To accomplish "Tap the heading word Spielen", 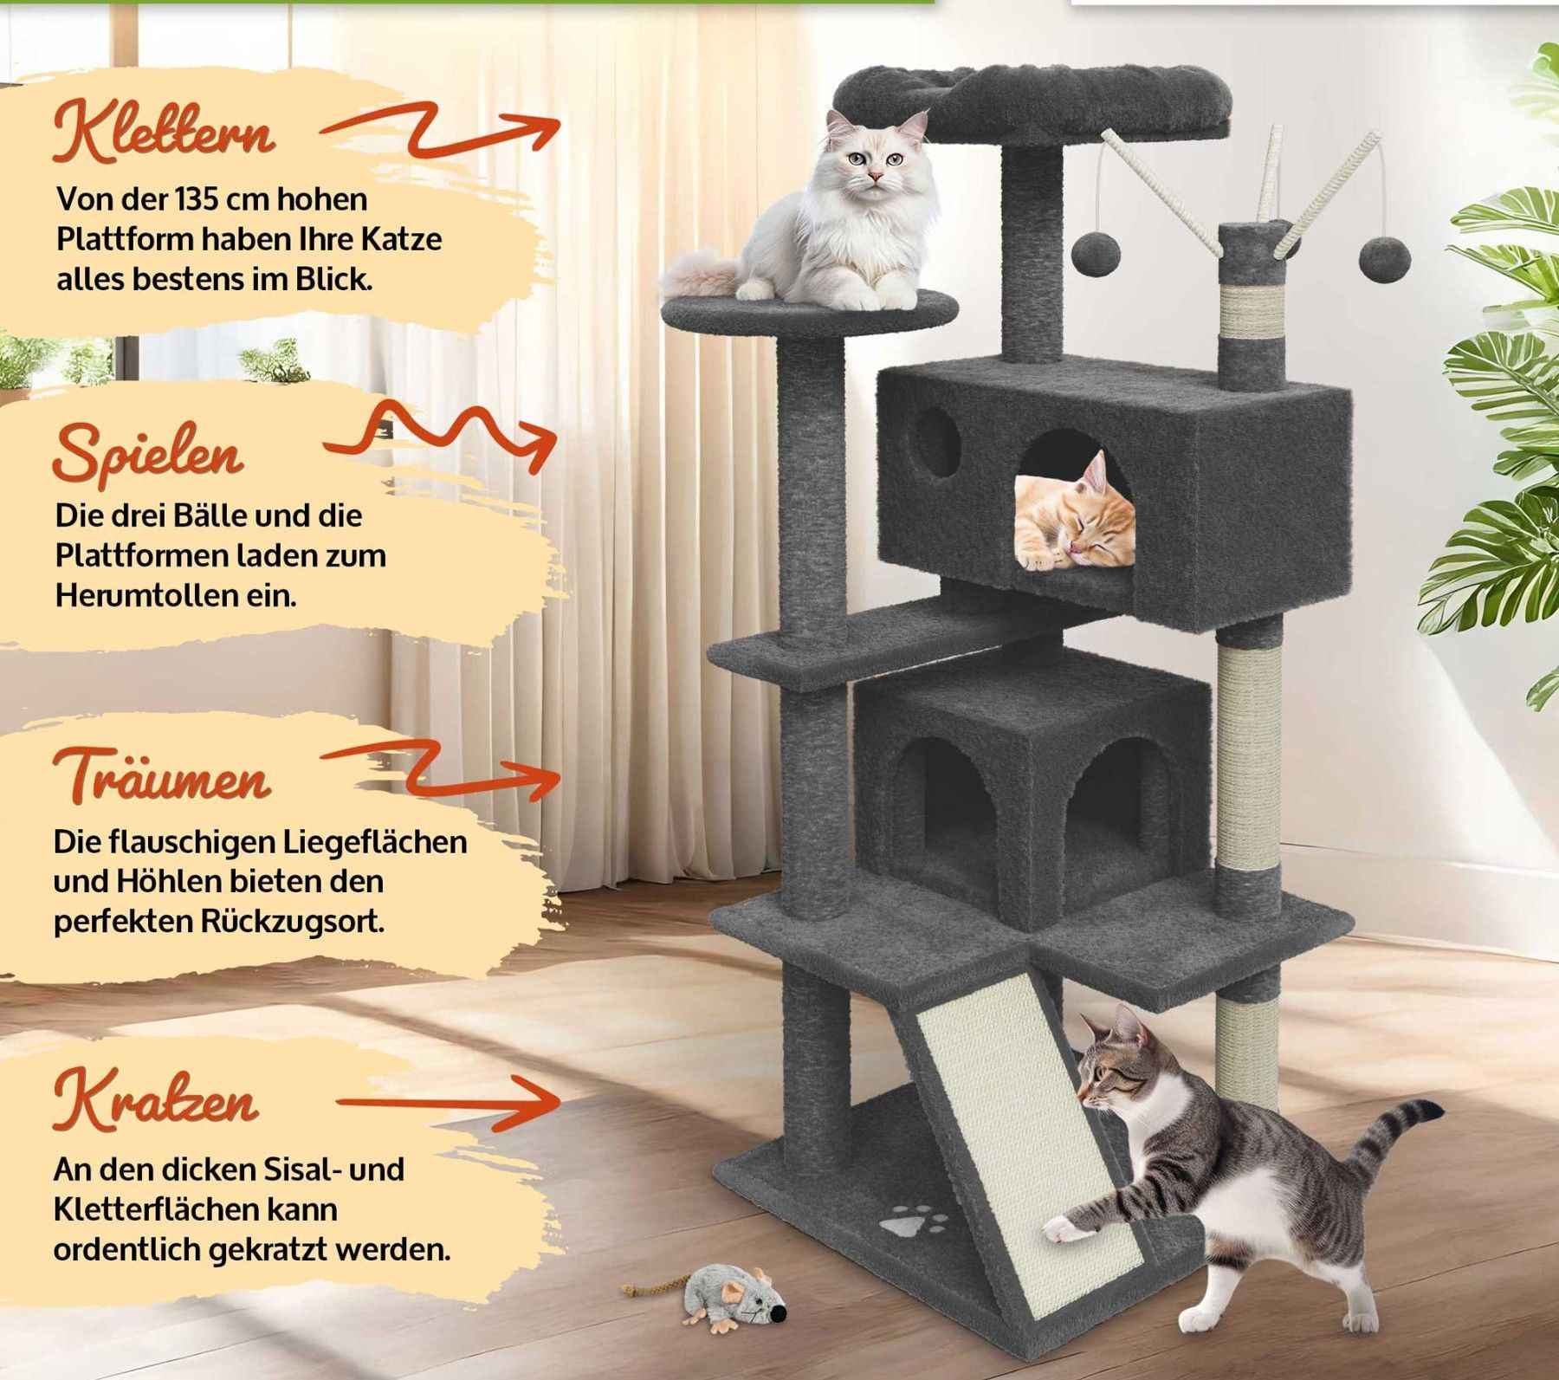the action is pos(148,452).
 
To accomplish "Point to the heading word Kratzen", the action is pos(156,1098).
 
